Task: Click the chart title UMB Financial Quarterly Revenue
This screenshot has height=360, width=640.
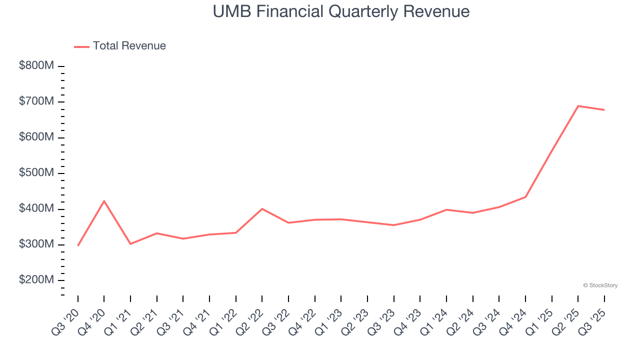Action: pyautogui.click(x=341, y=11)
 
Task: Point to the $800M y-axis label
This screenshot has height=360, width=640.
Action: pyautogui.click(x=36, y=66)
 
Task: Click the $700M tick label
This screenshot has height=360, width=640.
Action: pyautogui.click(x=36, y=102)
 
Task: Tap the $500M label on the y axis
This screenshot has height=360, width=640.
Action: pyautogui.click(x=36, y=173)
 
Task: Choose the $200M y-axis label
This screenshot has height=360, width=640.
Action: pyautogui.click(x=36, y=280)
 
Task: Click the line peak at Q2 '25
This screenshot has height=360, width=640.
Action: pyautogui.click(x=578, y=106)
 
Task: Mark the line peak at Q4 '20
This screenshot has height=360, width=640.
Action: pyautogui.click(x=104, y=201)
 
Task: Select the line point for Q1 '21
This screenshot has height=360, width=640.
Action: pyautogui.click(x=130, y=243)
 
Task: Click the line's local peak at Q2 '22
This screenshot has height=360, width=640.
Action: pyautogui.click(x=262, y=208)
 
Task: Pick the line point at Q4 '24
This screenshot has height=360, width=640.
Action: pyautogui.click(x=525, y=196)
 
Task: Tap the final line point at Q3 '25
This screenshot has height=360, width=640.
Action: pyautogui.click(x=604, y=110)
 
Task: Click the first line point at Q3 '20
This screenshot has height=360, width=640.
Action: pyautogui.click(x=78, y=245)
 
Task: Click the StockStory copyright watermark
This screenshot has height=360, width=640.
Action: pyautogui.click(x=600, y=285)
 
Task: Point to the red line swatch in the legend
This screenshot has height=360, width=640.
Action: pyautogui.click(x=81, y=46)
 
